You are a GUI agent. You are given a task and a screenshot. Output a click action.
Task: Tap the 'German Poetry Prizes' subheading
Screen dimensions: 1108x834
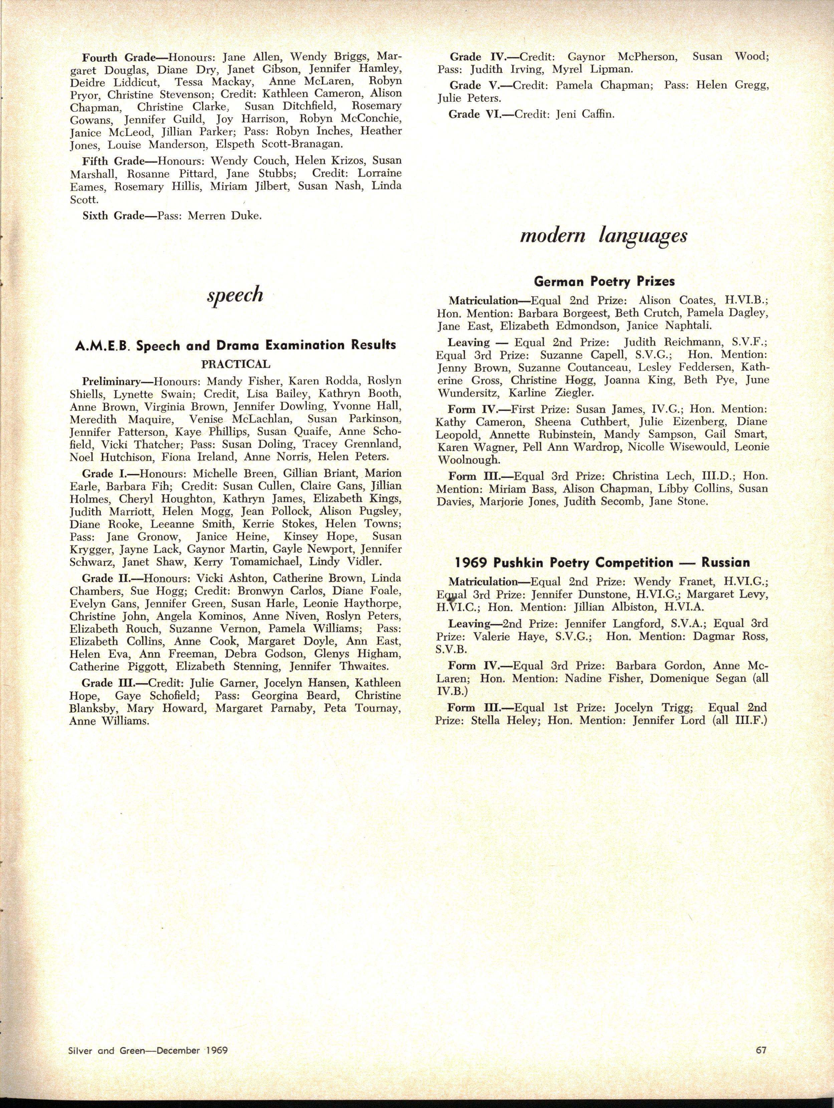pos(603,282)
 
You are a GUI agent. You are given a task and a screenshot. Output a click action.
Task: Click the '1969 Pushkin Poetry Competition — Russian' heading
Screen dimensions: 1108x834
pos(602,563)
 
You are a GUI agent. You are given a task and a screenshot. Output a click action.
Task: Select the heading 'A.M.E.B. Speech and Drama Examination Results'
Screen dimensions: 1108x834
pos(235,346)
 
